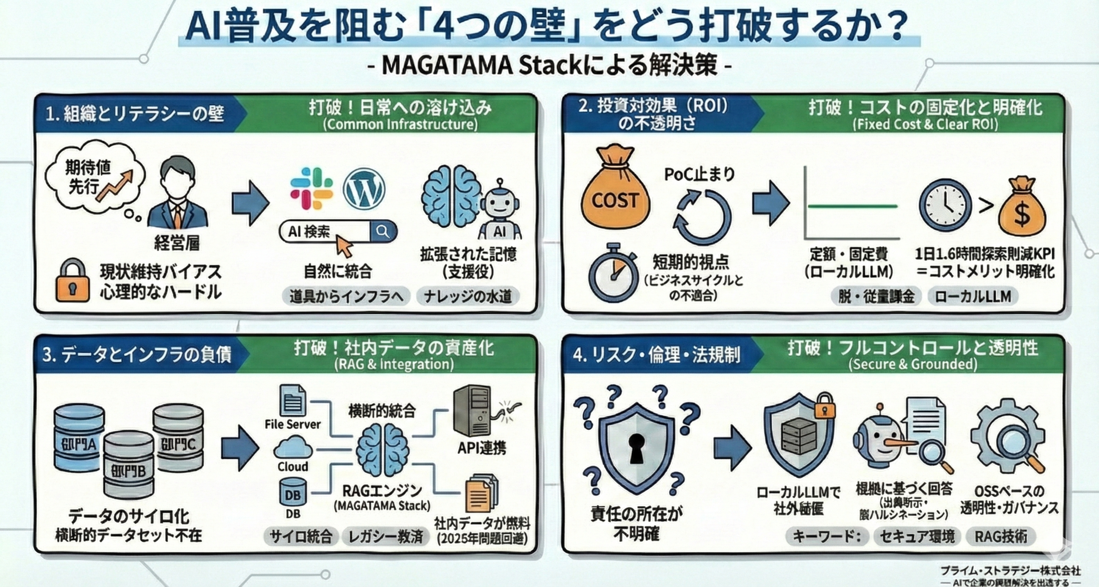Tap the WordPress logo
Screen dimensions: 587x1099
click(x=363, y=189)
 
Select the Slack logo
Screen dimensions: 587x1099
click(x=311, y=189)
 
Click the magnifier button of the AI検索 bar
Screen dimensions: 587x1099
click(x=383, y=232)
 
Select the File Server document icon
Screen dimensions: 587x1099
click(x=293, y=400)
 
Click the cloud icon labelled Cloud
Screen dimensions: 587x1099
click(x=293, y=448)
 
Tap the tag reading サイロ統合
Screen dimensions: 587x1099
click(x=301, y=536)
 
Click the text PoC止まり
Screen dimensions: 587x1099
click(x=700, y=174)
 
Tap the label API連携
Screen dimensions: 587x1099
click(x=482, y=448)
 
